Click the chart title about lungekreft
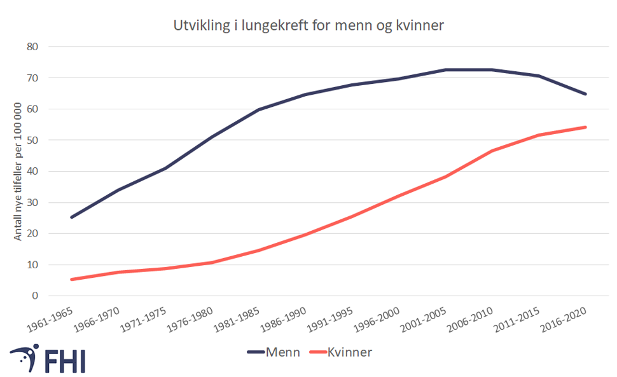(x=308, y=26)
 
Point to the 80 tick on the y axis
(x=33, y=46)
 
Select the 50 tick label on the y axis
(x=33, y=140)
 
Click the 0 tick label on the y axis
(x=36, y=296)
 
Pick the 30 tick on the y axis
(x=33, y=202)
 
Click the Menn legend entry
(x=274, y=352)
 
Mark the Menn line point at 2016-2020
(x=585, y=94)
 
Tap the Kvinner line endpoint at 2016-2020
(x=585, y=127)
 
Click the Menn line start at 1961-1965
(x=71, y=217)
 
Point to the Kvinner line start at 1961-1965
(x=71, y=279)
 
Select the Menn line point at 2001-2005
(x=445, y=69)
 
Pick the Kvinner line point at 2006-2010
(x=492, y=151)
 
